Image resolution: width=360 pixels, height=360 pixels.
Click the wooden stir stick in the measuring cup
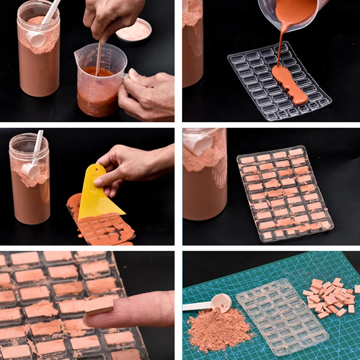click(98, 58)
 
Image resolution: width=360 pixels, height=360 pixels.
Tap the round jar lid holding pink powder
click(134, 31)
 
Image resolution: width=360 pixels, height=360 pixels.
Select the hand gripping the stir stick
click(110, 20)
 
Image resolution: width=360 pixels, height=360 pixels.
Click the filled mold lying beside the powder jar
click(283, 193)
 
